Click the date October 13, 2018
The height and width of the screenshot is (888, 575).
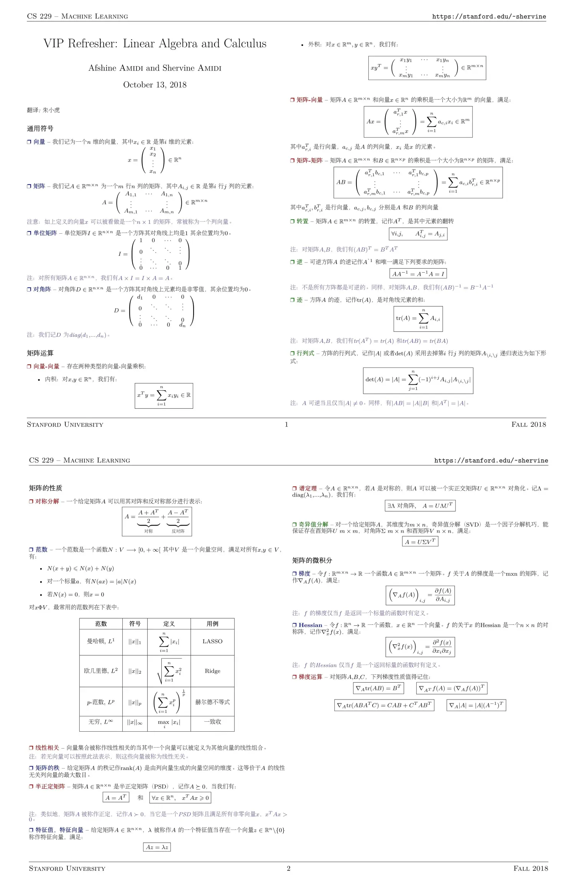pyautogui.click(x=155, y=85)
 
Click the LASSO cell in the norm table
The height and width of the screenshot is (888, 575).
pyautogui.click(x=212, y=641)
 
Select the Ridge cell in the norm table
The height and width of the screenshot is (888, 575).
pyautogui.click(x=212, y=671)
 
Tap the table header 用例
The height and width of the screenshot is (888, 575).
pyautogui.click(x=212, y=624)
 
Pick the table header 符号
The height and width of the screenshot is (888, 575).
pyautogui.click(x=135, y=624)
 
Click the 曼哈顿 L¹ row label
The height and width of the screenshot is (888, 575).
pyautogui.click(x=101, y=641)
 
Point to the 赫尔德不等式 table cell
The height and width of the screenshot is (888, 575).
pyautogui.click(x=212, y=702)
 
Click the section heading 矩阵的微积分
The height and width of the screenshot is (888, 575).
pyautogui.click(x=312, y=560)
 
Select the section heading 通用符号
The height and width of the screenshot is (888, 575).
pyautogui.click(x=40, y=128)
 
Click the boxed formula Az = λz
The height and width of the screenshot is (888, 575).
pyautogui.click(x=157, y=847)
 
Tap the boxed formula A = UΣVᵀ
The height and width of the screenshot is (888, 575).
pyautogui.click(x=420, y=541)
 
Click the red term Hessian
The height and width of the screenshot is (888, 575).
pyautogui.click(x=310, y=625)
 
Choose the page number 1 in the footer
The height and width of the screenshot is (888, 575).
pyautogui.click(x=286, y=424)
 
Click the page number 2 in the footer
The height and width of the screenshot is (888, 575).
pyautogui.click(x=289, y=868)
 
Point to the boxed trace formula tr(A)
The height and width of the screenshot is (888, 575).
pyautogui.click(x=418, y=318)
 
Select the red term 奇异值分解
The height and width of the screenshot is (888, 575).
pyautogui.click(x=313, y=524)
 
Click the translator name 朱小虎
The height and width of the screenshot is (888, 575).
pyautogui.click(x=51, y=110)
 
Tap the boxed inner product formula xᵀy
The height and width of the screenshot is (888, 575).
pyautogui.click(x=164, y=395)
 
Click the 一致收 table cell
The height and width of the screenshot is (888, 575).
pyautogui.click(x=212, y=722)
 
